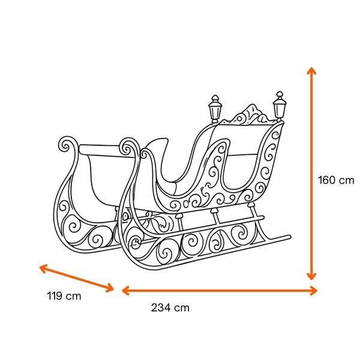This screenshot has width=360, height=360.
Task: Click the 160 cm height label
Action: [x=336, y=180]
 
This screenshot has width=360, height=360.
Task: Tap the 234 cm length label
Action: [x=170, y=308]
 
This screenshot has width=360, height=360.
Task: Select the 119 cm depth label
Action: [x=64, y=296]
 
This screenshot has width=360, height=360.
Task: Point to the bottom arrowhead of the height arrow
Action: [x=311, y=277]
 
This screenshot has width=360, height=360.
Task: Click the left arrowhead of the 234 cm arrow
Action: [x=125, y=290]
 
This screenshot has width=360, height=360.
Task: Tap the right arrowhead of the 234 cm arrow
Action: [x=314, y=290]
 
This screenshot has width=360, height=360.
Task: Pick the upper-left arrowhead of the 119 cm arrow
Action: [x=43, y=268]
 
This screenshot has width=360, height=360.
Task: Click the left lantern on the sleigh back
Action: [x=215, y=109]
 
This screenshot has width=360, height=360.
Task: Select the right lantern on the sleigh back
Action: [x=280, y=106]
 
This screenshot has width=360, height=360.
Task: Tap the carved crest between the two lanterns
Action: [x=248, y=115]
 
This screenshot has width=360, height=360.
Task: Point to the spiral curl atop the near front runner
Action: [x=128, y=146]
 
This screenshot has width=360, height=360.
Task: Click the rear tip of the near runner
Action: [x=289, y=237]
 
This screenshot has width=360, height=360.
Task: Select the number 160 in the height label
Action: [x=326, y=180]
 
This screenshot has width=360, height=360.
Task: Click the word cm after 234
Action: [x=182, y=308]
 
